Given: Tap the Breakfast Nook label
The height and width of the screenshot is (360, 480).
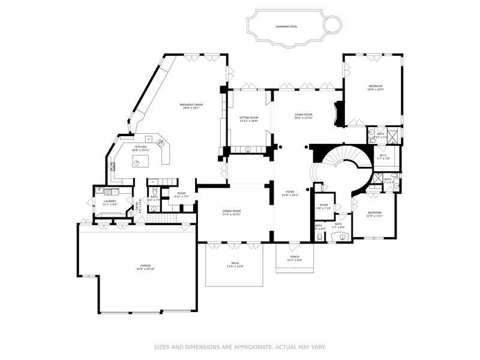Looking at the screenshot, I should pyautogui.click(x=191, y=106).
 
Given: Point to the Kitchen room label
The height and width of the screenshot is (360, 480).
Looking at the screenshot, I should pyautogui.click(x=140, y=148).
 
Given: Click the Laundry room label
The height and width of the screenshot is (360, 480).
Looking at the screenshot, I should pyautogui.click(x=109, y=203).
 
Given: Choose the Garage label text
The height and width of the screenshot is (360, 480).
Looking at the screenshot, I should pyautogui.click(x=145, y=267).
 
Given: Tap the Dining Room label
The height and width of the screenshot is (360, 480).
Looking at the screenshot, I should pyautogui.click(x=232, y=212).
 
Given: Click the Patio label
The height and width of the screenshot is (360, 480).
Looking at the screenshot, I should pyautogui.click(x=235, y=265).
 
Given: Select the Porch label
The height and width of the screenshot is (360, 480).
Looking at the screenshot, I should pyautogui.click(x=294, y=259).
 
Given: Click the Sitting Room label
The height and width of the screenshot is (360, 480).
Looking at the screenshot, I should pyautogui.click(x=248, y=119).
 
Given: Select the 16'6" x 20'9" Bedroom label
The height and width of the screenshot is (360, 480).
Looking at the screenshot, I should pyautogui.click(x=376, y=88).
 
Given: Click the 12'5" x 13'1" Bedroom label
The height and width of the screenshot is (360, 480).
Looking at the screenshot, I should pyautogui.click(x=374, y=214).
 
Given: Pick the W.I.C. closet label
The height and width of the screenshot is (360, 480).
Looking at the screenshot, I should pyautogui.click(x=384, y=157).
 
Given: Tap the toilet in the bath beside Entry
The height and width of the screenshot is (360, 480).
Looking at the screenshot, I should pyautogui.click(x=154, y=208).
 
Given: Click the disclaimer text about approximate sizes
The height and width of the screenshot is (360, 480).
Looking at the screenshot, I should pyautogui.click(x=239, y=347).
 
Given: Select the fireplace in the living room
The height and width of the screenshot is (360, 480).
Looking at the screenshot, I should pyautogui.click(x=340, y=113).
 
